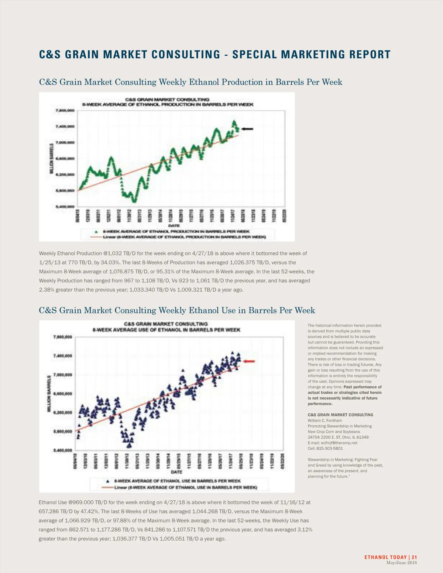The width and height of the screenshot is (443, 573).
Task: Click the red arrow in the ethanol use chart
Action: tap(249, 361)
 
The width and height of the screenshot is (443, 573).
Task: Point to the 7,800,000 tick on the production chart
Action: tap(65, 110)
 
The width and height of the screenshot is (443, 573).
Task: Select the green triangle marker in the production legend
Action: tap(96, 231)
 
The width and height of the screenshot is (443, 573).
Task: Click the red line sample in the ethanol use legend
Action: tap(107, 487)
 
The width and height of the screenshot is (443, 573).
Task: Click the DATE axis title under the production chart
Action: tap(174, 225)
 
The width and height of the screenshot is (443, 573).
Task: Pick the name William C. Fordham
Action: tap(325, 420)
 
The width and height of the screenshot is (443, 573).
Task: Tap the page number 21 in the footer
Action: tap(414, 557)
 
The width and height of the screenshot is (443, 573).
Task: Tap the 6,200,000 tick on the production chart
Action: tap(65, 175)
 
